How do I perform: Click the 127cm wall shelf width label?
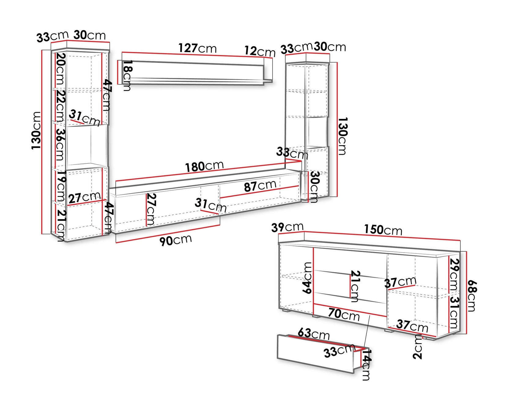click(x=197, y=48)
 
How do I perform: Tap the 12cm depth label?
click(x=260, y=51)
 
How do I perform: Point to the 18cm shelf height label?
click(x=127, y=75)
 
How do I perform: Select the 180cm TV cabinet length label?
click(x=204, y=166)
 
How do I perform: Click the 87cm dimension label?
click(x=260, y=186)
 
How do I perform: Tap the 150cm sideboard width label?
click(x=383, y=230)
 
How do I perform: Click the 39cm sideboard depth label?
click(x=287, y=227)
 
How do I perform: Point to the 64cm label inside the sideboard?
click(x=307, y=278)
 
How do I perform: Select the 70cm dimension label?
click(x=344, y=314)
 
